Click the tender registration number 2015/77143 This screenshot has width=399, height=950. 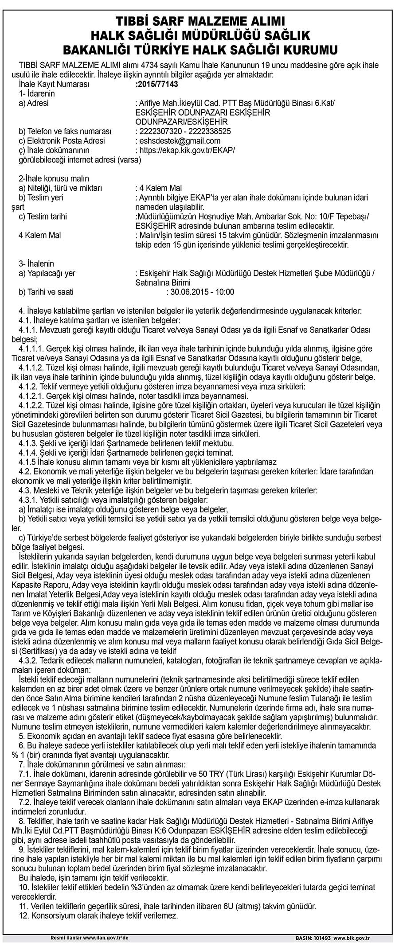tap(159, 84)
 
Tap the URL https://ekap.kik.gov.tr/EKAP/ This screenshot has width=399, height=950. tap(187, 151)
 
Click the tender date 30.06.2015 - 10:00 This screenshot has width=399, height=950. tap(200, 292)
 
